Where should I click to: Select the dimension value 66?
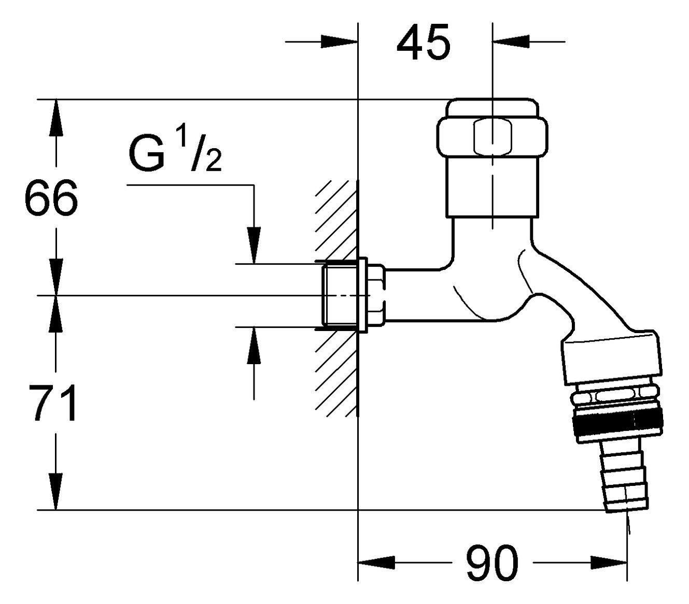tap(51, 198)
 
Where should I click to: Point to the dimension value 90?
tap(491, 563)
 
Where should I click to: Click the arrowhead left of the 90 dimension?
tap(376, 562)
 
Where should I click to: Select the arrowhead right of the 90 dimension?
tap(610, 562)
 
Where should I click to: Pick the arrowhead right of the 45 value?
tap(510, 41)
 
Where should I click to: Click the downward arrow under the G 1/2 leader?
tap(254, 246)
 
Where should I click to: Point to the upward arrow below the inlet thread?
tap(254, 344)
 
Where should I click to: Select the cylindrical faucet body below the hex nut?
tap(490, 186)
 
